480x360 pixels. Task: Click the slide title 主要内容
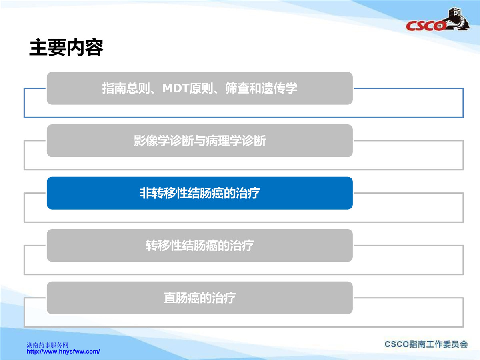point(66,48)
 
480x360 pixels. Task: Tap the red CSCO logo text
point(425,26)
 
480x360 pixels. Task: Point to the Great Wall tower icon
point(457,18)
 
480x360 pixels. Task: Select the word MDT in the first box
point(176,88)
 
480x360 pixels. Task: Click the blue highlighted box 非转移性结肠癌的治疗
point(200,193)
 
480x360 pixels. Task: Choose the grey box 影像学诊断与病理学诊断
point(200,140)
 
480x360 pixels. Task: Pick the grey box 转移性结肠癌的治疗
point(200,245)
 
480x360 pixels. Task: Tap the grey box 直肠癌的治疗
point(200,298)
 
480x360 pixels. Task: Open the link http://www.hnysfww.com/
point(63,352)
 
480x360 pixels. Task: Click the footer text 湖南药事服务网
point(48,345)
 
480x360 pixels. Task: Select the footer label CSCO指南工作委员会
point(426,344)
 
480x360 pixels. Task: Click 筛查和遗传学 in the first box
point(261,88)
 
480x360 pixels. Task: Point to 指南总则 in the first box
point(126,88)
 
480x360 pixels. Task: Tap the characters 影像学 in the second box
point(152,140)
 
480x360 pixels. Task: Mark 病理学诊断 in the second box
point(236,140)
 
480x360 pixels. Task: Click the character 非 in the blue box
point(146,193)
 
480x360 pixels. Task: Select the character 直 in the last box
point(170,298)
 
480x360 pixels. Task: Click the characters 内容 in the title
point(85,48)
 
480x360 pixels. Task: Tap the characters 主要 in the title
point(48,48)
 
